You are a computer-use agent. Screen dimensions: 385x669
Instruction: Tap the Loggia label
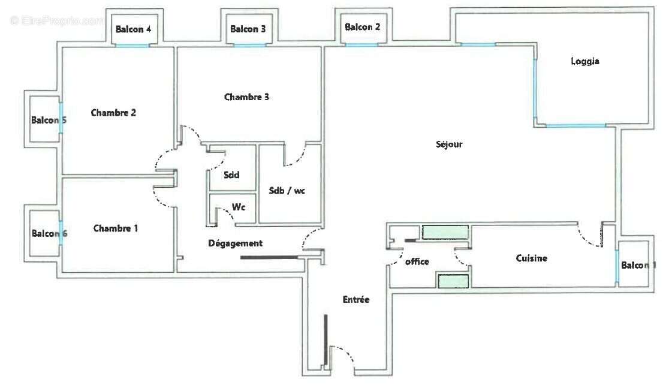click(x=584, y=61)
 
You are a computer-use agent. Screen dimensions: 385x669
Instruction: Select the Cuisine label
click(x=531, y=258)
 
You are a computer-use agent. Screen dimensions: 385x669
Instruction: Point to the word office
click(x=417, y=261)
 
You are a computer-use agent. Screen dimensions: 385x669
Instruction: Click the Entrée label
click(x=355, y=299)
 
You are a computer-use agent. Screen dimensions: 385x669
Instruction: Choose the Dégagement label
click(x=235, y=243)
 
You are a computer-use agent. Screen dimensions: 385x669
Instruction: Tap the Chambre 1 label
click(x=116, y=228)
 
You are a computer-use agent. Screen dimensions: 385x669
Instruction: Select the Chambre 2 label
click(x=113, y=112)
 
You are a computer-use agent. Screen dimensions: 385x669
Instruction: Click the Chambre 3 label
click(x=246, y=97)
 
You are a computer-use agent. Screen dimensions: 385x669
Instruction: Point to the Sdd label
click(x=231, y=175)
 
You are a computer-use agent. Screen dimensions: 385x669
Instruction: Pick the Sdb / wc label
click(x=287, y=191)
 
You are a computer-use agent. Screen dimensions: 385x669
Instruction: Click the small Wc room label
click(x=238, y=208)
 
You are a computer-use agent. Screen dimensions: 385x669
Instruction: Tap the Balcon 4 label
click(x=133, y=29)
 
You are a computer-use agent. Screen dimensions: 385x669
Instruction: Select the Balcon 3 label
click(x=248, y=29)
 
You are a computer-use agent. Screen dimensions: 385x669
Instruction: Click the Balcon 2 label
click(x=362, y=27)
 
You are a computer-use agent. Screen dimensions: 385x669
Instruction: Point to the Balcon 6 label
click(x=49, y=233)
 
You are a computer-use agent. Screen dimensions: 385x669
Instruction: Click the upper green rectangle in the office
click(x=445, y=232)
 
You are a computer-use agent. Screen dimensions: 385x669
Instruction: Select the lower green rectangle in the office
click(x=453, y=281)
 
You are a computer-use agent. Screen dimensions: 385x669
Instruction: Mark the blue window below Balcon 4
click(x=136, y=46)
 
